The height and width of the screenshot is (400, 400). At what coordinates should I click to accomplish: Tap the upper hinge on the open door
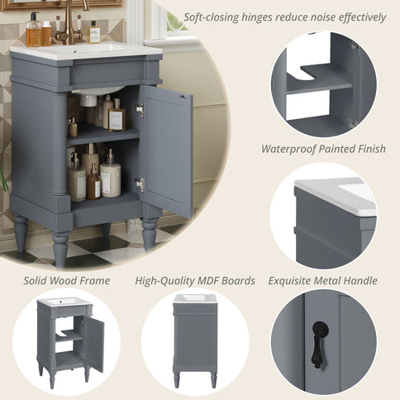point(140,109)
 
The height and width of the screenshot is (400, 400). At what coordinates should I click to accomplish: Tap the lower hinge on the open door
point(140,185)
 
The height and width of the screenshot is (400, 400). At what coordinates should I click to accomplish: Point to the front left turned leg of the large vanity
point(60,249)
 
